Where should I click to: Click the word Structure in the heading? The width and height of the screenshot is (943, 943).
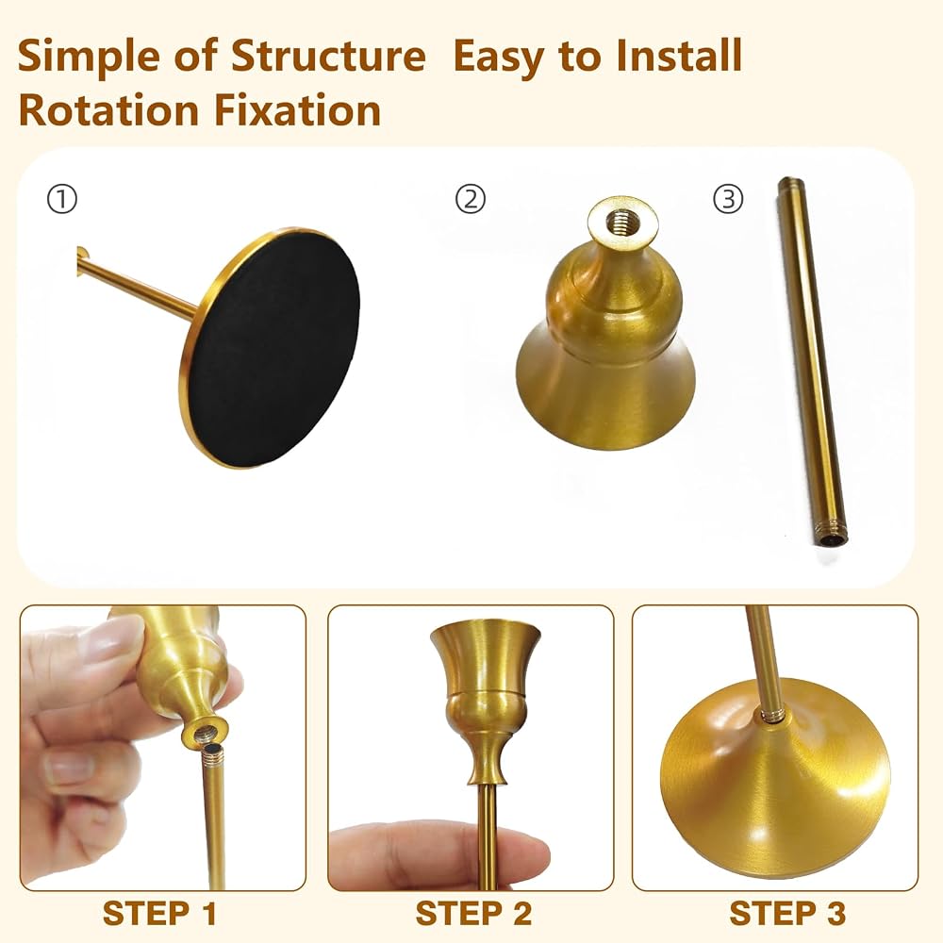(328, 56)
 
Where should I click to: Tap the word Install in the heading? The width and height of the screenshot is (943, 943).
(679, 56)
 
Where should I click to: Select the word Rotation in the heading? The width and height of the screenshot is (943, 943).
(108, 110)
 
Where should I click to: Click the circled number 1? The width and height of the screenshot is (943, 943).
(62, 199)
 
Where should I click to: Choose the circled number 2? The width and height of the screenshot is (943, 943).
(471, 199)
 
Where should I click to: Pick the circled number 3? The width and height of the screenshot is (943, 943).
(728, 199)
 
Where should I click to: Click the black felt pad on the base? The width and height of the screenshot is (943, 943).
(273, 349)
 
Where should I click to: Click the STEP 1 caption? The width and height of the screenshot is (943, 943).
(159, 914)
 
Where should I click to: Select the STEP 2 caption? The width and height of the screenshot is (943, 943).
(473, 914)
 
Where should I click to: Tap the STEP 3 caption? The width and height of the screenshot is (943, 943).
(787, 914)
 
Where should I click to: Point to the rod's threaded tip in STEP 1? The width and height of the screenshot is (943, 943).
(212, 754)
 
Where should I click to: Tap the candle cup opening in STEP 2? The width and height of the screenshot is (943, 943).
(485, 632)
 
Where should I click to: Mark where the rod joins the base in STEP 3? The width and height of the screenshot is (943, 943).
(772, 715)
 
